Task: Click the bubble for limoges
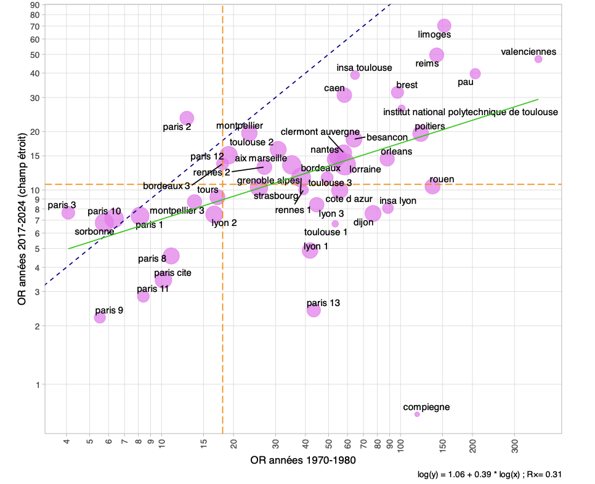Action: point(444,26)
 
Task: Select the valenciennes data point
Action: point(538,59)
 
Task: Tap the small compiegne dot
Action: point(417,414)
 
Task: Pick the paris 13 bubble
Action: point(314,310)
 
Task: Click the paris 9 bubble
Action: point(100,318)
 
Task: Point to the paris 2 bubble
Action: point(187,118)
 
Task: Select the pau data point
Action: point(475,74)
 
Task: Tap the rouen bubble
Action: point(432,187)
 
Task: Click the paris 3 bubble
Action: point(68,213)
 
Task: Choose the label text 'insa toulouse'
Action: point(365,68)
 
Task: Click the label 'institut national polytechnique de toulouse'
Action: point(471,112)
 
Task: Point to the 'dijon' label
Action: point(363,222)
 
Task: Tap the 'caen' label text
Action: point(334,89)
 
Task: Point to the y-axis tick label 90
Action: point(34,6)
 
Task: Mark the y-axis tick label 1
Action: point(37,385)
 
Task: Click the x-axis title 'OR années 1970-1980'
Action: point(303,461)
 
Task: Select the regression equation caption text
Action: point(489,475)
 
